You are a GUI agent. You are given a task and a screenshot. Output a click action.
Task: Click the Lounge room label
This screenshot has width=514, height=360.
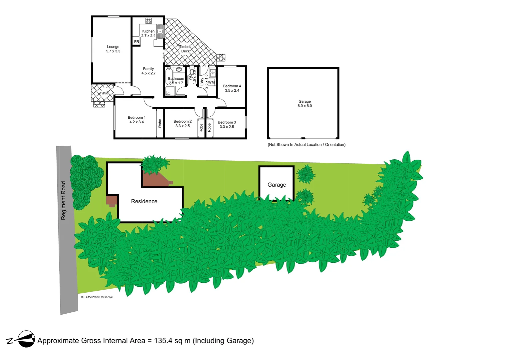[x=113, y=49]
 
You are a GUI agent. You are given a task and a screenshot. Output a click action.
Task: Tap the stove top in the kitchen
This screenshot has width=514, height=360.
[x=149, y=21]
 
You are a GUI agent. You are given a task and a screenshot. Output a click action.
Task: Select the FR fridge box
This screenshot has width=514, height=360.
[x=137, y=42]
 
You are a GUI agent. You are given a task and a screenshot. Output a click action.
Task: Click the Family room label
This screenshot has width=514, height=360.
[x=148, y=71]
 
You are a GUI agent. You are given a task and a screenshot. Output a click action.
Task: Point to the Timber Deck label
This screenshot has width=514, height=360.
[x=185, y=49]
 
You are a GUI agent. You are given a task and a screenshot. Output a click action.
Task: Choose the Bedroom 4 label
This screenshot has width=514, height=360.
[x=232, y=88]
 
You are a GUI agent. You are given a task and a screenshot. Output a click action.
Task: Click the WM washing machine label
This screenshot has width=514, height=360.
[x=212, y=82]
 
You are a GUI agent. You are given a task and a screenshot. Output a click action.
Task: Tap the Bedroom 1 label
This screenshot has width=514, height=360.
[x=137, y=120]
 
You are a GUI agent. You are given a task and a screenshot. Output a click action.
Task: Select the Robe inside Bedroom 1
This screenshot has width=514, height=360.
[x=160, y=123]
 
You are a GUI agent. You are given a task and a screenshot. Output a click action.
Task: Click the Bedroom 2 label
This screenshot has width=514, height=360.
[x=183, y=124]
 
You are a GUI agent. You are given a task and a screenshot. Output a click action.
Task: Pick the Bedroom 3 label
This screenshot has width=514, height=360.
[x=227, y=124]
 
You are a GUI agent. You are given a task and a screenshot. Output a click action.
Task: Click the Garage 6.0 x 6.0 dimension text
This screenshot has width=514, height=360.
[x=304, y=106]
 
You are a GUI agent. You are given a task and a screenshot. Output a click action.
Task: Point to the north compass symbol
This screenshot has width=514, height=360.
[x=26, y=339]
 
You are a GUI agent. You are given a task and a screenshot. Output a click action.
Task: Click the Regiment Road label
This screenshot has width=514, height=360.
[x=63, y=200]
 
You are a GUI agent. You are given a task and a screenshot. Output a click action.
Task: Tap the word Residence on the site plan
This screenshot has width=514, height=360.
[x=144, y=201]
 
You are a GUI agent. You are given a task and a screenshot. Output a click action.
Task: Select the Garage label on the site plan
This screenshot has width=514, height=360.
[x=277, y=185]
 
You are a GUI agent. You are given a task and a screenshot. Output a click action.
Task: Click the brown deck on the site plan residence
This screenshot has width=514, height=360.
[x=157, y=180]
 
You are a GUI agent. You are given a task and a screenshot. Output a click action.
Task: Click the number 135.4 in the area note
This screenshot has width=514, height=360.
[x=163, y=341]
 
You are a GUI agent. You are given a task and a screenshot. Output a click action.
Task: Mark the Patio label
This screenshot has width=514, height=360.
[x=104, y=93]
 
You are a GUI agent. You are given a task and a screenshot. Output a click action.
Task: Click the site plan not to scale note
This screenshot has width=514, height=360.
[x=97, y=297]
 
